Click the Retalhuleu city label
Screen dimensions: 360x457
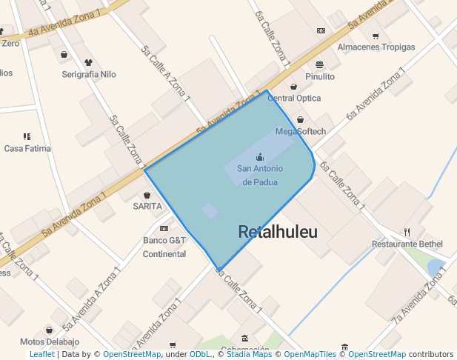coord(278,232)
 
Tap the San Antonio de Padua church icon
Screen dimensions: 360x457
coord(260,156)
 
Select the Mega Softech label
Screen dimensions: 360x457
coord(301,132)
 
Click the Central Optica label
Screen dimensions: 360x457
coord(294,98)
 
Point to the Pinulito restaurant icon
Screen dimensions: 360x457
coord(319,64)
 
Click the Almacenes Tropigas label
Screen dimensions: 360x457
coord(376,47)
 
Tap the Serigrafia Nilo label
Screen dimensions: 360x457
coord(89,75)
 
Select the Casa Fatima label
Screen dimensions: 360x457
coord(27,148)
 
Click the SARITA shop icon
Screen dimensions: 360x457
coord(147,195)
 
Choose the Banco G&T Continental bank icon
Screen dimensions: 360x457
coord(164,228)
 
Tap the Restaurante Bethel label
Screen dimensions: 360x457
coord(407,244)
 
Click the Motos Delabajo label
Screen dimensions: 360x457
coord(50,342)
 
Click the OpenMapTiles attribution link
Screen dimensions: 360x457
coord(310,355)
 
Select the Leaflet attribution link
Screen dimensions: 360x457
coord(41,355)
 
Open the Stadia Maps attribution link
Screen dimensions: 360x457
coord(249,355)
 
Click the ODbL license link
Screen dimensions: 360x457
coord(200,355)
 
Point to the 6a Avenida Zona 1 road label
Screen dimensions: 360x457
coord(376,94)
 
